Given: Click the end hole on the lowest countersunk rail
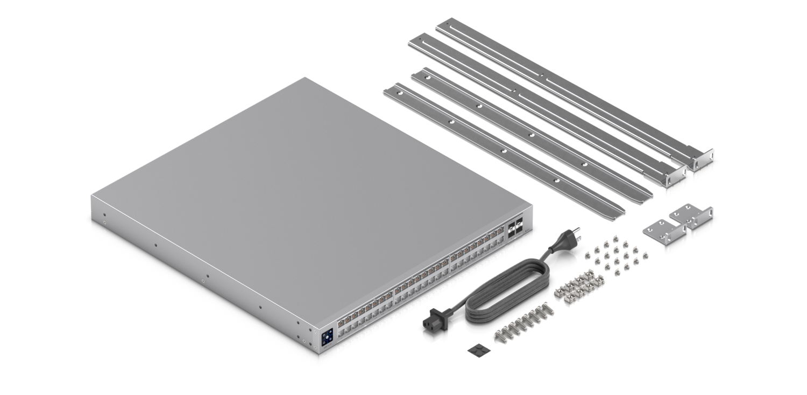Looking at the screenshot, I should coord(399,93).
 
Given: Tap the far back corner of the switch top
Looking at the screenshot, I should coord(306,78).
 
